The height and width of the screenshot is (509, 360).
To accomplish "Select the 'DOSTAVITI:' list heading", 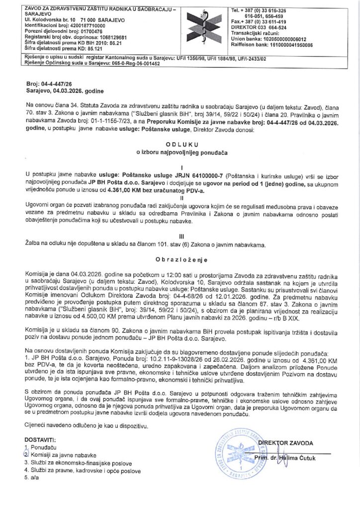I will tap(40, 440).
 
